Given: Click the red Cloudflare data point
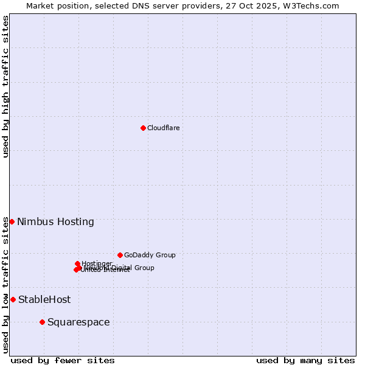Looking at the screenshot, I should pos(143,128).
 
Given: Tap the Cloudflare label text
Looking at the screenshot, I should pos(163,128).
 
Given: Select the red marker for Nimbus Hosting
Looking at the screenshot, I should pos(12,221).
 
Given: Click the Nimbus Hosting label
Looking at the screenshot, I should pos(55,221).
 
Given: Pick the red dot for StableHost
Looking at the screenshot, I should pos(13,299).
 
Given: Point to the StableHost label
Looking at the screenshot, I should pos(44,299).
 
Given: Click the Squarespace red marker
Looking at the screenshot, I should pos(42,322).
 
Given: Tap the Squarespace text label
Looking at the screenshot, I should pos(78,322).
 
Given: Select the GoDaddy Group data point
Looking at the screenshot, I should pos(120,255).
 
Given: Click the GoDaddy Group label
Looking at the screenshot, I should pos(150,255).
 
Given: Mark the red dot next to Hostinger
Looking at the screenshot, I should pos(77,263).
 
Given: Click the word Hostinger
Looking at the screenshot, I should pos(97,263).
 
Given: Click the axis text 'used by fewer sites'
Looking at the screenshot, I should pos(63,360).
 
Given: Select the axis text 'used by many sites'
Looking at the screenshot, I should pos(305,360).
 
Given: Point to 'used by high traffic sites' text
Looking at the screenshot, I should pos(5,86).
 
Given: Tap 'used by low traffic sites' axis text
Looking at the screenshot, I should pos(5,285).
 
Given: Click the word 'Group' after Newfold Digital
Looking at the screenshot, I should pos(144,268).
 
